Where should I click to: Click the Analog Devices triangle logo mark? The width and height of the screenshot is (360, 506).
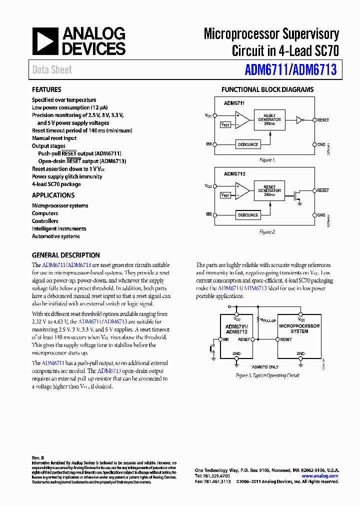[45, 41]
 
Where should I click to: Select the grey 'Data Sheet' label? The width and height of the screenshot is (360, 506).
[52, 70]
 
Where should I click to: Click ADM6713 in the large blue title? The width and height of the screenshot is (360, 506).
[314, 70]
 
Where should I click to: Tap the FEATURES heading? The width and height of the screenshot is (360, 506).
[46, 90]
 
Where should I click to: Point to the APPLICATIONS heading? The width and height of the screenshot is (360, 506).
[53, 195]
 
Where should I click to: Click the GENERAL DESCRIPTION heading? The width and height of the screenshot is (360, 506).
[66, 255]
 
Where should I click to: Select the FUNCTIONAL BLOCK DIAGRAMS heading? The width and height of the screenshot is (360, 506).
[267, 90]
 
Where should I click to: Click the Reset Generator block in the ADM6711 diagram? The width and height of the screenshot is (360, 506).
[269, 120]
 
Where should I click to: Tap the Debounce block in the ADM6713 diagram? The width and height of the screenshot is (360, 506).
[248, 215]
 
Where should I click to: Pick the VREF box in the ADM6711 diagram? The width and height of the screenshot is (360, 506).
[225, 124]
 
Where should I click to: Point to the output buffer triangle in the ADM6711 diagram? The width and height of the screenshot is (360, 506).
[299, 120]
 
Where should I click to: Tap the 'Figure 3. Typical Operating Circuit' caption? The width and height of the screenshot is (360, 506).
[267, 375]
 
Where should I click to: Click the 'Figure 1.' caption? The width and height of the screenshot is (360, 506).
[267, 160]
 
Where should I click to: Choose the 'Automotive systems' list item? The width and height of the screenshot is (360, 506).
[56, 236]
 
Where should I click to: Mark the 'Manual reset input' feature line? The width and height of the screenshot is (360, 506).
[54, 138]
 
